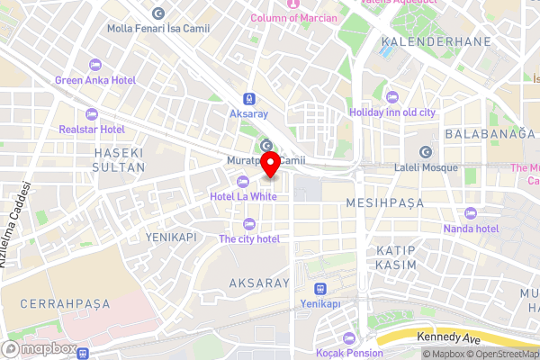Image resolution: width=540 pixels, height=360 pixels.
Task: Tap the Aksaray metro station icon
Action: point(247,101)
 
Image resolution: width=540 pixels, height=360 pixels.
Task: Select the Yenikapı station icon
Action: point(320,289)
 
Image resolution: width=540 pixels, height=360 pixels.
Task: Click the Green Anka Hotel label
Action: point(95,80)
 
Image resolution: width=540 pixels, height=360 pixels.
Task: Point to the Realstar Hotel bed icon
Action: point(91,114)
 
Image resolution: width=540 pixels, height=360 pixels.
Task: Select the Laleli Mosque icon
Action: point(426,151)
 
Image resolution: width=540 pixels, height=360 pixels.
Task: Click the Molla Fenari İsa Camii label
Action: point(157,29)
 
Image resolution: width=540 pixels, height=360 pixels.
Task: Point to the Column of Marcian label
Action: point(293,18)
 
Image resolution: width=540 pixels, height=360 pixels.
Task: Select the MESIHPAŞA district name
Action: point(384,203)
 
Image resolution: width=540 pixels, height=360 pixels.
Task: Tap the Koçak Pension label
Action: point(351,354)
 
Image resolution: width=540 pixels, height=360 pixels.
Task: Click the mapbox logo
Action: point(41,348)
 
